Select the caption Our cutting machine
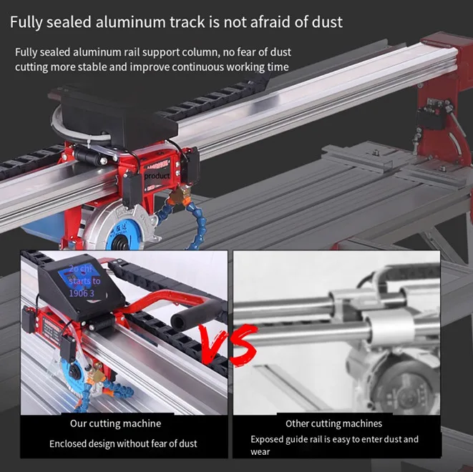click(120, 423)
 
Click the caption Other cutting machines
click(333, 423)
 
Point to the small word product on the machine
click(157, 175)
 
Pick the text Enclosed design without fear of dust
click(123, 443)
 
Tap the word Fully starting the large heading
click(26, 22)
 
